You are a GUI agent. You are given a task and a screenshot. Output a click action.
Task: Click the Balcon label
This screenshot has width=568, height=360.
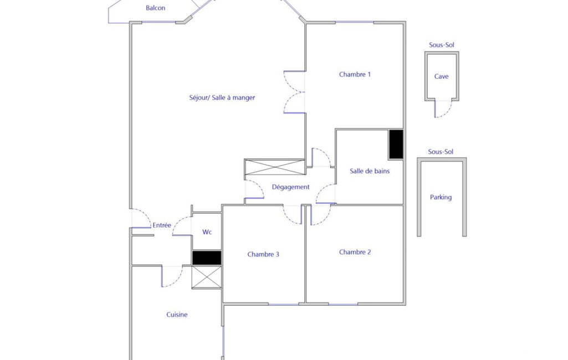pyautogui.click(x=155, y=8)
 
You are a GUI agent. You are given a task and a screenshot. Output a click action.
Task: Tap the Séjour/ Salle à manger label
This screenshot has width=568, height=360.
pyautogui.click(x=222, y=97)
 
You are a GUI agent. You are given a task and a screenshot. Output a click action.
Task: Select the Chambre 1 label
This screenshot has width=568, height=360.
pyautogui.click(x=355, y=74)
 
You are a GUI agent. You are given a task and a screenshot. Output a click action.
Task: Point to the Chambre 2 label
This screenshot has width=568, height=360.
pyautogui.click(x=355, y=252)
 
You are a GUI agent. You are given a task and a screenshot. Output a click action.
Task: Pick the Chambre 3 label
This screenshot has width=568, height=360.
pyautogui.click(x=263, y=254)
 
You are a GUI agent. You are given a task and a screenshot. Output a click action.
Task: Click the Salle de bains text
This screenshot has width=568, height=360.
pyautogui.click(x=370, y=171)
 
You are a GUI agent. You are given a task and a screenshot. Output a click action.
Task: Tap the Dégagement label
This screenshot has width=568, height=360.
pyautogui.click(x=290, y=187)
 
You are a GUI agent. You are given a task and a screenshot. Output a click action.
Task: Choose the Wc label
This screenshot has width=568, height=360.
pyautogui.click(x=207, y=232)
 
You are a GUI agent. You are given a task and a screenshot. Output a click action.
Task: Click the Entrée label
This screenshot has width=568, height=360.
pyautogui.click(x=162, y=225)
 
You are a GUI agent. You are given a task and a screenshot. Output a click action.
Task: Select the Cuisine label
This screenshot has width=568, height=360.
pyautogui.click(x=177, y=315)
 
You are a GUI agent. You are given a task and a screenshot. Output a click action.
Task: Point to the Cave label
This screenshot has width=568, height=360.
pyautogui.click(x=441, y=76)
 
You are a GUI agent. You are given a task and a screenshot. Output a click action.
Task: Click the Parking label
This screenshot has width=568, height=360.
pyautogui.click(x=441, y=197)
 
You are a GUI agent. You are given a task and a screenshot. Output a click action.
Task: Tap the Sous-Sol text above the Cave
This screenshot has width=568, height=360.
pyautogui.click(x=441, y=45)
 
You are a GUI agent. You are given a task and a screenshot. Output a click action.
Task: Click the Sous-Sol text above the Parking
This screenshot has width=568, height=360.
pyautogui.click(x=441, y=152)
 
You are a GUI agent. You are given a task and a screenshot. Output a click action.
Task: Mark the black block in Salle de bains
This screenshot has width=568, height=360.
pyautogui.click(x=396, y=144)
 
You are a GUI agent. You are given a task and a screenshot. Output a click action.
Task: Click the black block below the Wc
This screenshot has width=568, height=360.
pyautogui.click(x=207, y=258)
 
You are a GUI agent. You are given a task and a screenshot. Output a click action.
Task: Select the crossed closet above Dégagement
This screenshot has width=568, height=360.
pyautogui.click(x=274, y=167)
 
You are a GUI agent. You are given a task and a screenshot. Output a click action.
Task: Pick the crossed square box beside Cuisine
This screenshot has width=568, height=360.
pyautogui.click(x=207, y=277)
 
